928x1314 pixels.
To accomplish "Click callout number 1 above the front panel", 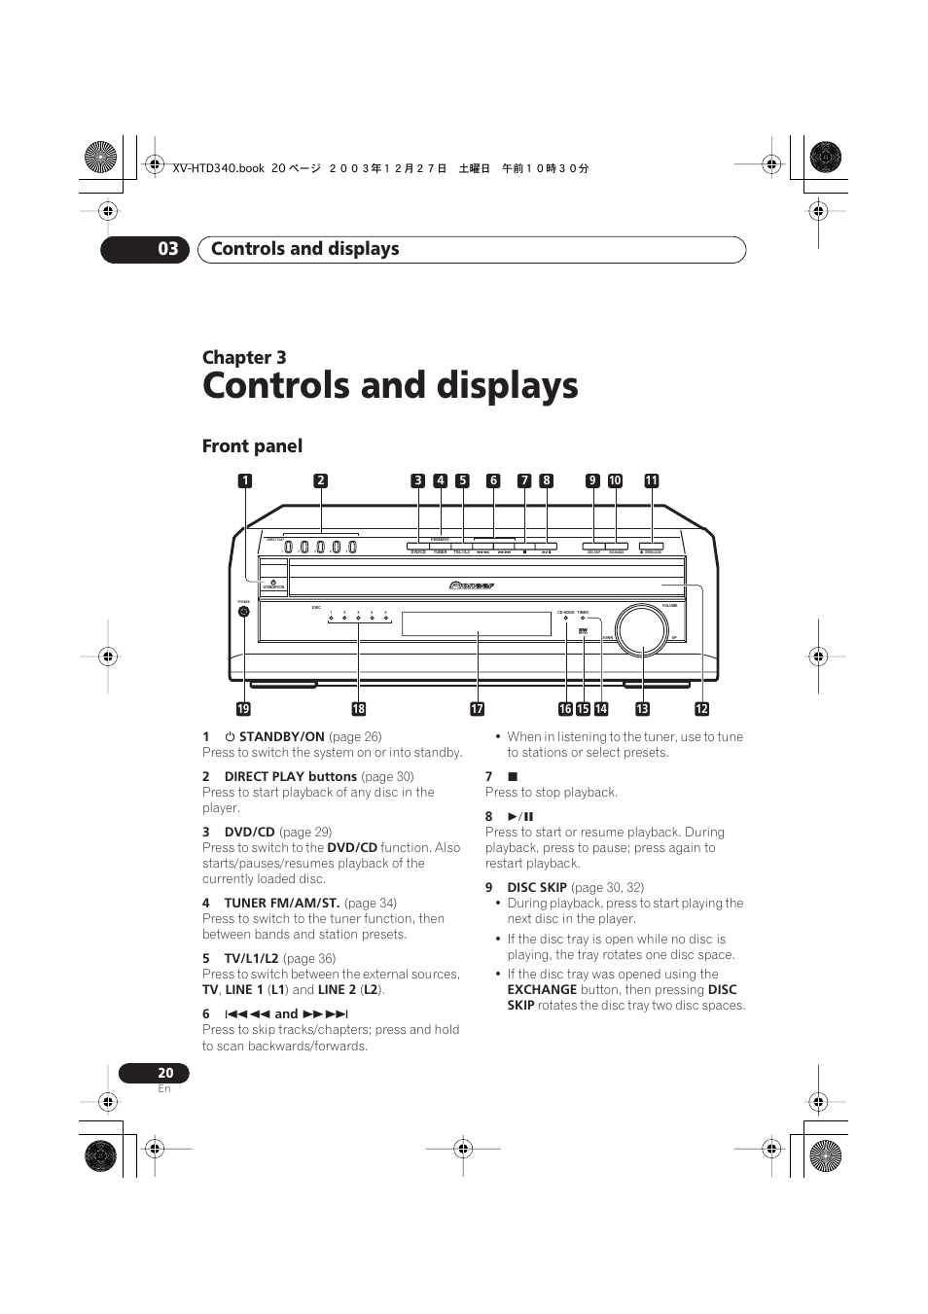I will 245,480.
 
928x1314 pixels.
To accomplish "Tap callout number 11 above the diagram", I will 652,480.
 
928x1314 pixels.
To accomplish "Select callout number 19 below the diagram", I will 243,709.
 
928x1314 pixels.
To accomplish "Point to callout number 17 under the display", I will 477,709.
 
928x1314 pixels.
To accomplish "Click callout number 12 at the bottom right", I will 701,709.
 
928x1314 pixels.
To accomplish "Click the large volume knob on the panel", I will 641,628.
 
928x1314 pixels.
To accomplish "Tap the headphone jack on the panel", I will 243,612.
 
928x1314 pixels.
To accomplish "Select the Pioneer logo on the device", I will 473,586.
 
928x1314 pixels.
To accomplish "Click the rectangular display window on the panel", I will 477,623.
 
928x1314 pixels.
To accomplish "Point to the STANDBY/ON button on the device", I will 273,583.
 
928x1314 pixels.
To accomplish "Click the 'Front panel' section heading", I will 252,446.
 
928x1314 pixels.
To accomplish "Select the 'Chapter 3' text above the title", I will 244,358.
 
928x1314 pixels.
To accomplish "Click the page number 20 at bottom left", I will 165,1073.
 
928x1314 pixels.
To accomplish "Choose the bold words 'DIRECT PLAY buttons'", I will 290,776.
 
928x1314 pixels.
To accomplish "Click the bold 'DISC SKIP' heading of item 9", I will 536,887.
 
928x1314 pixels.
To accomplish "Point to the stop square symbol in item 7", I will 513,776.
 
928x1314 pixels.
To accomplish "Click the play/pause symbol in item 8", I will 520,816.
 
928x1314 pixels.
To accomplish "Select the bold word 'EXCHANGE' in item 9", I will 542,989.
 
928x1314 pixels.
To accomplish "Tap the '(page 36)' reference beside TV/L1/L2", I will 309,958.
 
